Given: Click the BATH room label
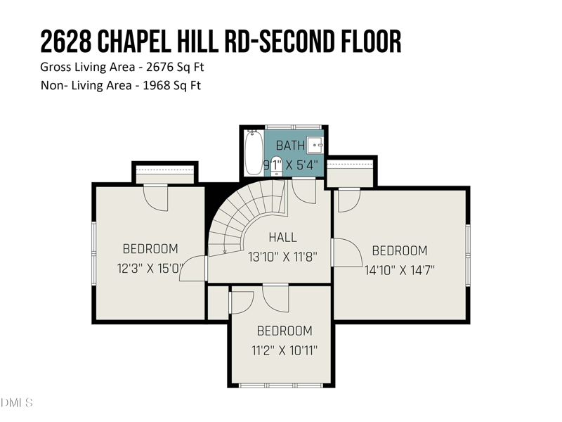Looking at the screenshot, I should (290, 146).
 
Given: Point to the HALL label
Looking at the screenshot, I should (282, 238).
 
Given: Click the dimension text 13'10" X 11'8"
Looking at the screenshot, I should (279, 257).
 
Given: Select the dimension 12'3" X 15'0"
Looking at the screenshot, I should (150, 267).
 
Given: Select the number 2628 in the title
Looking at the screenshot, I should (65, 42).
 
